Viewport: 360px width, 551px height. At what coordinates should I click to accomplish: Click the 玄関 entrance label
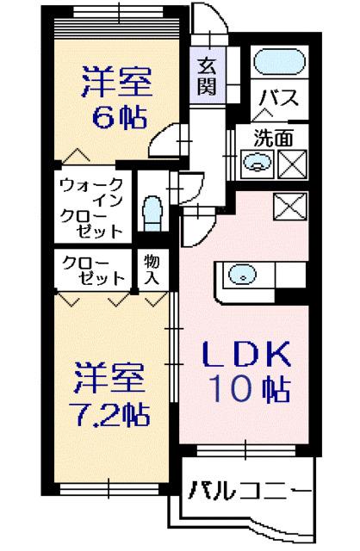[206, 75]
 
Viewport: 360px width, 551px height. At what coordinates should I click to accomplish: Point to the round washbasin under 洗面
[255, 160]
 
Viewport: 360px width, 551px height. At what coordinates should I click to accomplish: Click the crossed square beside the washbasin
[290, 161]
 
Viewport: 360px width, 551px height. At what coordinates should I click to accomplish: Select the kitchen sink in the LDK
[243, 275]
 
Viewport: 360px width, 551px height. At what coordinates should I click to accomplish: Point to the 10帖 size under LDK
[246, 390]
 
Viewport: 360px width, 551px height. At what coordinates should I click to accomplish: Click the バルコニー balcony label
[246, 492]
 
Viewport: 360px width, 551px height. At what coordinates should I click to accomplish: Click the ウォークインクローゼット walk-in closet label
[90, 207]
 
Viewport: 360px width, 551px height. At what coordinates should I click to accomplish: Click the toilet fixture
[152, 211]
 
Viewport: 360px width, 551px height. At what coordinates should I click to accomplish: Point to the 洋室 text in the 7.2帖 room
[107, 377]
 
